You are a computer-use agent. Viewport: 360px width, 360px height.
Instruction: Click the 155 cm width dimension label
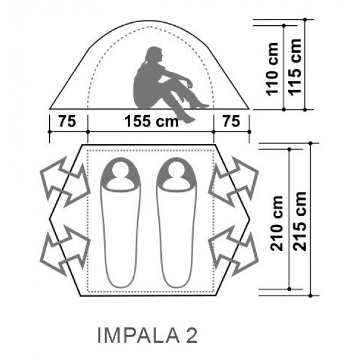point(151,121)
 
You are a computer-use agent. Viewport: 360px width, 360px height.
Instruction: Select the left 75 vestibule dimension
point(67,121)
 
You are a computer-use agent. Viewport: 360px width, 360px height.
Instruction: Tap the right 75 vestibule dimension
point(232,121)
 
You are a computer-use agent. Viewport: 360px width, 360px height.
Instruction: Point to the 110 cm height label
point(272,69)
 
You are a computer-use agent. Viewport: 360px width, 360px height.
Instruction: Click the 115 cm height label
point(295,67)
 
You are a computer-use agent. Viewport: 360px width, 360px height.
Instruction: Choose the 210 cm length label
point(277,223)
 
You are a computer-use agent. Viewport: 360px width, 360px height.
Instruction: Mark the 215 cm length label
point(300,221)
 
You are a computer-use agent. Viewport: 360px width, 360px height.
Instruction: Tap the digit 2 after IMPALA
point(191,335)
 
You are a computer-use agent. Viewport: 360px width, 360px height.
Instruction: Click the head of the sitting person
point(154,55)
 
